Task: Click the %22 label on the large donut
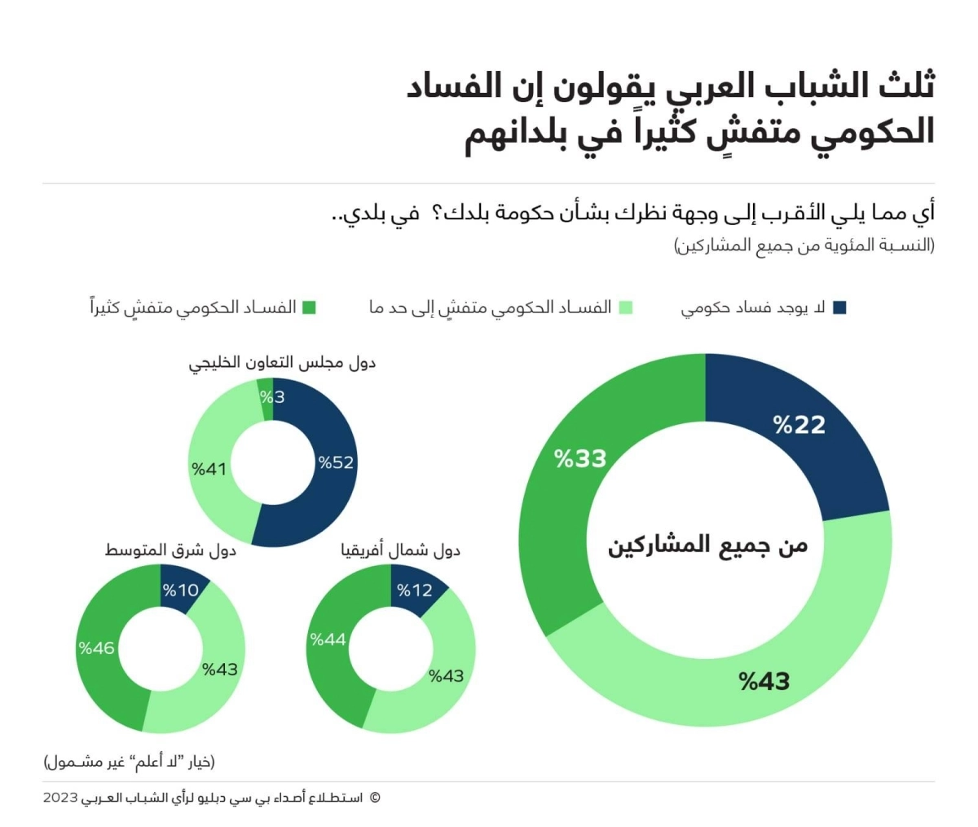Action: pyautogui.click(x=800, y=424)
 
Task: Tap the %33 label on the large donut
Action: pyautogui.click(x=580, y=458)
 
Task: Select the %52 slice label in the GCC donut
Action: pyautogui.click(x=336, y=462)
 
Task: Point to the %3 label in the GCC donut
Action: pyautogui.click(x=272, y=397)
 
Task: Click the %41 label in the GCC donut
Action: pyautogui.click(x=209, y=469)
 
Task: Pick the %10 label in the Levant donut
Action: pyautogui.click(x=180, y=590)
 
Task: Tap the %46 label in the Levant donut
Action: pyautogui.click(x=97, y=648)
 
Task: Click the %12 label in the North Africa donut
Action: pyautogui.click(x=414, y=590)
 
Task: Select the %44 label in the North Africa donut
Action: pyautogui.click(x=328, y=639)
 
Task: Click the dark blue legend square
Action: pyautogui.click(x=840, y=307)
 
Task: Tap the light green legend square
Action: pyautogui.click(x=626, y=307)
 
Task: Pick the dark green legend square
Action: pyautogui.click(x=309, y=307)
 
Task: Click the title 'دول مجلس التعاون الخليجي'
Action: pyautogui.click(x=282, y=363)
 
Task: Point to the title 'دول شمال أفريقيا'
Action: pyautogui.click(x=400, y=551)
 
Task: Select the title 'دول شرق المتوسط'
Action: pyautogui.click(x=170, y=551)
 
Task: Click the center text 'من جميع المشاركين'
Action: pyautogui.click(x=707, y=546)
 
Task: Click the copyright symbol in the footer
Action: pyautogui.click(x=375, y=798)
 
